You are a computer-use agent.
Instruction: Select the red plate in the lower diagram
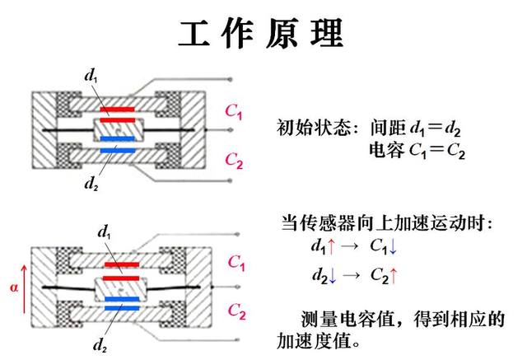point(119,265)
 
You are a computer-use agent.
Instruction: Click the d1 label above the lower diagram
point(104,231)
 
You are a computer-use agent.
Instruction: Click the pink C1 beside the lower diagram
point(236,263)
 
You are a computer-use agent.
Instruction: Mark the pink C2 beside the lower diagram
point(236,311)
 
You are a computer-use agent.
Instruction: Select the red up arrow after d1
point(331,245)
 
